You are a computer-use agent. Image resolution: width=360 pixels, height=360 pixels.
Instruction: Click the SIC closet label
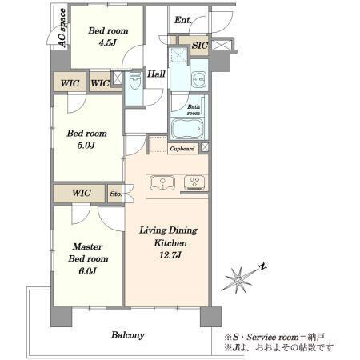point(200,46)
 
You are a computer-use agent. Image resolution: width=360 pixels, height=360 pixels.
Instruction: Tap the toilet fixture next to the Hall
point(134,82)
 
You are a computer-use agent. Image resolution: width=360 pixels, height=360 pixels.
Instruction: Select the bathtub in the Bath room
point(187,129)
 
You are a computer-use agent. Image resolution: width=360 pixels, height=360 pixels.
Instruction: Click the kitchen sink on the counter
point(162,183)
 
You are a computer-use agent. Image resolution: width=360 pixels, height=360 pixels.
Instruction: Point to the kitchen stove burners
point(194,182)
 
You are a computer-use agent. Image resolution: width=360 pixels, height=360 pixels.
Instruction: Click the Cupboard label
point(182,149)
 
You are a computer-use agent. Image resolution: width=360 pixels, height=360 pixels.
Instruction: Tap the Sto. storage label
point(116,194)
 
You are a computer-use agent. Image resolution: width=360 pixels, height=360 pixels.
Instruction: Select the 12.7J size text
point(170,255)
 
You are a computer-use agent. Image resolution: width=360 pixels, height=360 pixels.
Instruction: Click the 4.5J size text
point(108,42)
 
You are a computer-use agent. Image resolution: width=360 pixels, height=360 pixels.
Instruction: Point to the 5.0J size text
point(86,146)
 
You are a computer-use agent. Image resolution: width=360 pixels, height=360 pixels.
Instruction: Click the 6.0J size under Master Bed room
point(87,271)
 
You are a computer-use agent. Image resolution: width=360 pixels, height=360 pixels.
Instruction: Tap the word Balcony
point(128,335)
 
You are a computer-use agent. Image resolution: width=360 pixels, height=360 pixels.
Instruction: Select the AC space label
point(62,28)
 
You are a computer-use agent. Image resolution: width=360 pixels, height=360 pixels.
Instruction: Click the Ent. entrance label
point(183,20)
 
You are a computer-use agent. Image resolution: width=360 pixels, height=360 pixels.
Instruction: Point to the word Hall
point(156,74)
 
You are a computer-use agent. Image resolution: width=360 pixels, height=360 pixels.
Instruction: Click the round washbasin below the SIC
point(198,78)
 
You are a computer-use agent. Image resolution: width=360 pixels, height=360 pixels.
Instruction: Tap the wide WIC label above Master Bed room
point(82,193)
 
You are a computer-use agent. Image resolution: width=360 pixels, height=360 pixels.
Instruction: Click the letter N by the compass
point(263,266)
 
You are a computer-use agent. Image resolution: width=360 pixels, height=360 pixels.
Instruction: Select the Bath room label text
point(194,110)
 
